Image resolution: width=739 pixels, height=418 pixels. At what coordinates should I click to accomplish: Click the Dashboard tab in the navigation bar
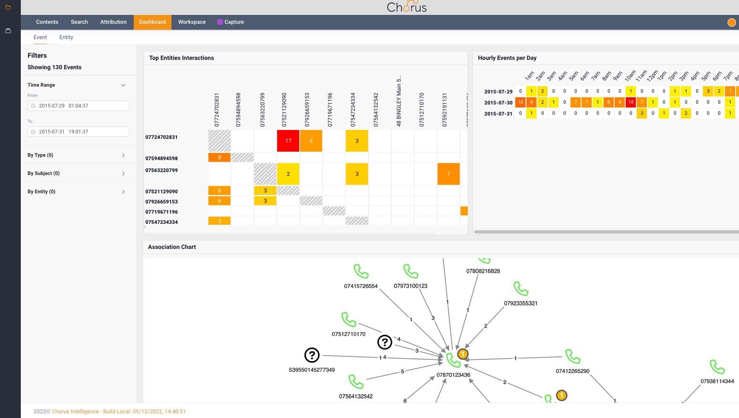pos(152,22)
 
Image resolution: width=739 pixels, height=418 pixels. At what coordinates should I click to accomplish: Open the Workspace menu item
pos(191,22)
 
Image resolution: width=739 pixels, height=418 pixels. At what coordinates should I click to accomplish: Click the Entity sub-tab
pos(66,37)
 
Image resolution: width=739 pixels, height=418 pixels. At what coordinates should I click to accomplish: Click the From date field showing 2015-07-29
pos(79,106)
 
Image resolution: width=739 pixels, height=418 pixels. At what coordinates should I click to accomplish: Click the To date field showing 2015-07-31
pos(79,132)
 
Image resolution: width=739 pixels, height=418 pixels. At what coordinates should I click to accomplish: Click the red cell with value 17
pos(288,141)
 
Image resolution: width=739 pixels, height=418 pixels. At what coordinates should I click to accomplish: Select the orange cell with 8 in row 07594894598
pos(219,158)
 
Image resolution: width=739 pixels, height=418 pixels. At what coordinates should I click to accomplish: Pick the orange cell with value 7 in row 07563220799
pos(448,174)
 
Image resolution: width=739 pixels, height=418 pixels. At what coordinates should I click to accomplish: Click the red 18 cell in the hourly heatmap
pos(631,102)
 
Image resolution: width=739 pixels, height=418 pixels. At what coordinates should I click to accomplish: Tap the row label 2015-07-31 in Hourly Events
pos(498,114)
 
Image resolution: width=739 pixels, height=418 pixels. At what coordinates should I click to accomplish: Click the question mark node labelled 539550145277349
pos(312,355)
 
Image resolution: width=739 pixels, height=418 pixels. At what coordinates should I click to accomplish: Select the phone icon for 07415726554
pos(361,271)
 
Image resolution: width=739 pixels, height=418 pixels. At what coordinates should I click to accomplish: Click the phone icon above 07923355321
pos(520,289)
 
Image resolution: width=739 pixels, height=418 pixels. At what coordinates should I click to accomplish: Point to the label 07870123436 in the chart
pos(453,375)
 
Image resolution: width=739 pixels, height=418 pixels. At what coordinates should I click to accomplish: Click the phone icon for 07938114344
pos(717,367)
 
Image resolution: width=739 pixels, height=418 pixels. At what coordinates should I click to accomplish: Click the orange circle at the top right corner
pos(731,23)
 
